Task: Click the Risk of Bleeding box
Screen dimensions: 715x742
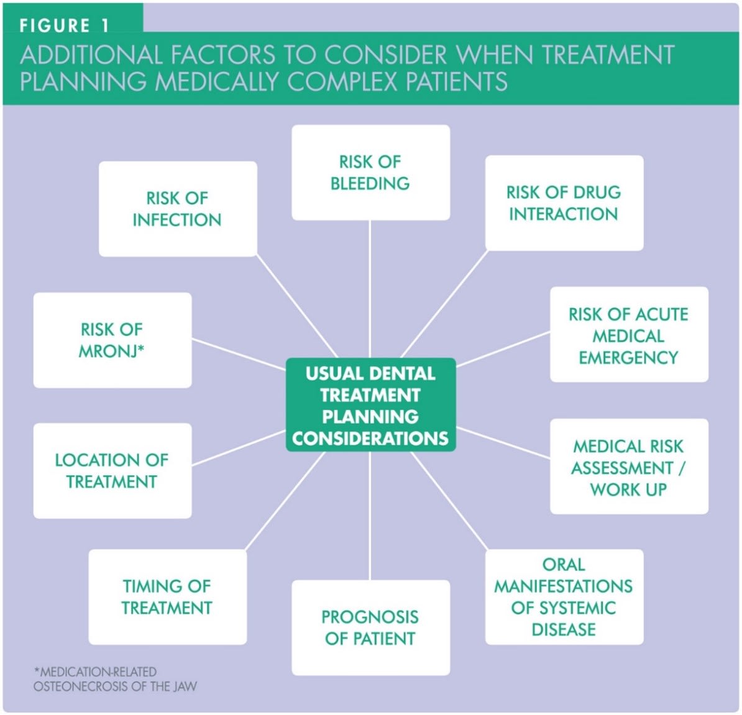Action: coord(370,173)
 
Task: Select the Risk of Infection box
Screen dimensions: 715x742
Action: coord(177,209)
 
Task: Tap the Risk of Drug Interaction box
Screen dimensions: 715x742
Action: coord(564,203)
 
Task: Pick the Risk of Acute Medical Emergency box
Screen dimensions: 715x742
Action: coord(628,335)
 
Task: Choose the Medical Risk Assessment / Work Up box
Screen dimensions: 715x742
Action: coord(628,467)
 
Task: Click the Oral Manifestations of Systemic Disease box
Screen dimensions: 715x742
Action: coord(564,596)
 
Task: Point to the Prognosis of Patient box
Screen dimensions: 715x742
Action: coord(370,627)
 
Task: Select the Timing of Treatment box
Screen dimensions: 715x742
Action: coord(167,596)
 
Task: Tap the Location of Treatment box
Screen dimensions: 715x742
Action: coord(112,470)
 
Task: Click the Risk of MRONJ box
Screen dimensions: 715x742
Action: coord(112,340)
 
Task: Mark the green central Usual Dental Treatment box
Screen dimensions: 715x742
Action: coord(370,405)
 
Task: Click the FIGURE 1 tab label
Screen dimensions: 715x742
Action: coord(65,25)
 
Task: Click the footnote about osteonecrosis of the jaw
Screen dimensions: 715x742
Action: coord(115,679)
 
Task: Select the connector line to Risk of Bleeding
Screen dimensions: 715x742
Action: coord(370,289)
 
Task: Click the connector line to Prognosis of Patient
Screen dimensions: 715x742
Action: coord(370,516)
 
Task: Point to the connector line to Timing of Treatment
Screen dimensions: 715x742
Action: coord(286,501)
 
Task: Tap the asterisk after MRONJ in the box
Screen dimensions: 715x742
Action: coord(141,348)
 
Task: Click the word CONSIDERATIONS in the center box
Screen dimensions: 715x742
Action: coord(370,439)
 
